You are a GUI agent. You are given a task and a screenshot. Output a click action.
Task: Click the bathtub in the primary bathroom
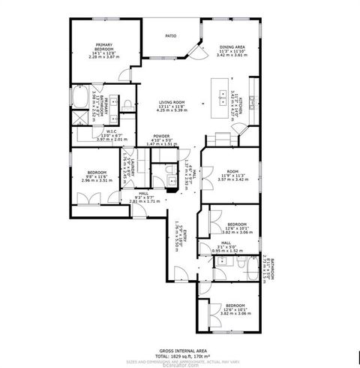click(80, 98)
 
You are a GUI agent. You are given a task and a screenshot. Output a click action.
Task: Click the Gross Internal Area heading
click(180, 350)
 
